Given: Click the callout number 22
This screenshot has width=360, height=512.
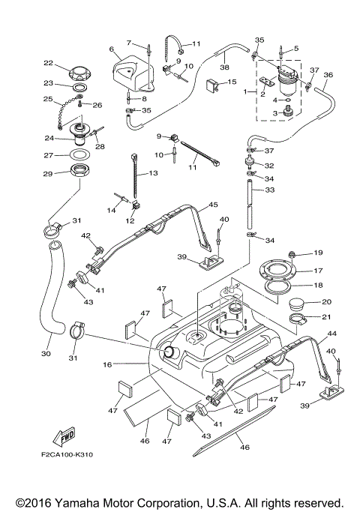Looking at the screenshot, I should click(48, 63).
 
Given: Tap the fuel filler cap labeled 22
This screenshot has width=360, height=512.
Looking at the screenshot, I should click(79, 73).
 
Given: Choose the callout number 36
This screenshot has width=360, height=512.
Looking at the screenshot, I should click(328, 75).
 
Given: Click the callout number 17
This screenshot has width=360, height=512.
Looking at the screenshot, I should click(318, 271).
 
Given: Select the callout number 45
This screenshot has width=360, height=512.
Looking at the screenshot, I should click(213, 205).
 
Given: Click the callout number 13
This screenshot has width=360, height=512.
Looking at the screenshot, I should click(153, 173).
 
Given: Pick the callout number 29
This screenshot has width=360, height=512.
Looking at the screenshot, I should click(48, 174).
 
